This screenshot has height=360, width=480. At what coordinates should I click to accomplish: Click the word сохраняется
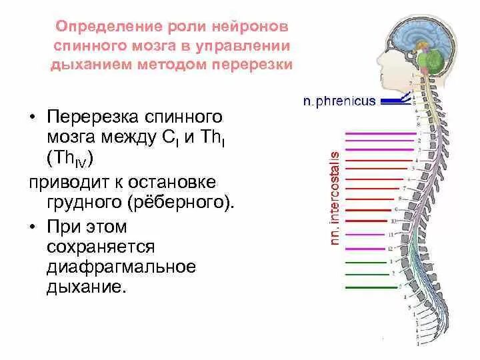pyautogui.click(x=101, y=247)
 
